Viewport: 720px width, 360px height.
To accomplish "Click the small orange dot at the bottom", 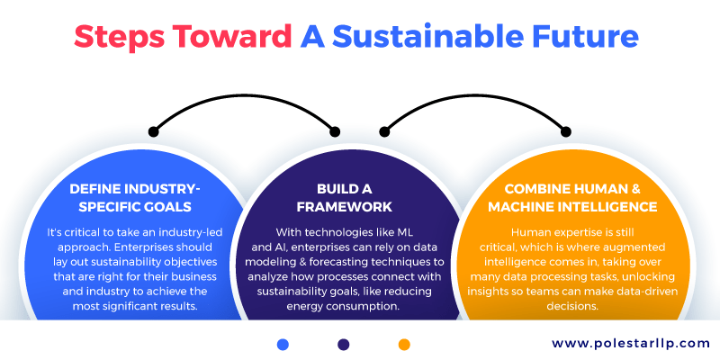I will coord(404,344).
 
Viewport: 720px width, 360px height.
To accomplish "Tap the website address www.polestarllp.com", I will coord(619,343).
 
